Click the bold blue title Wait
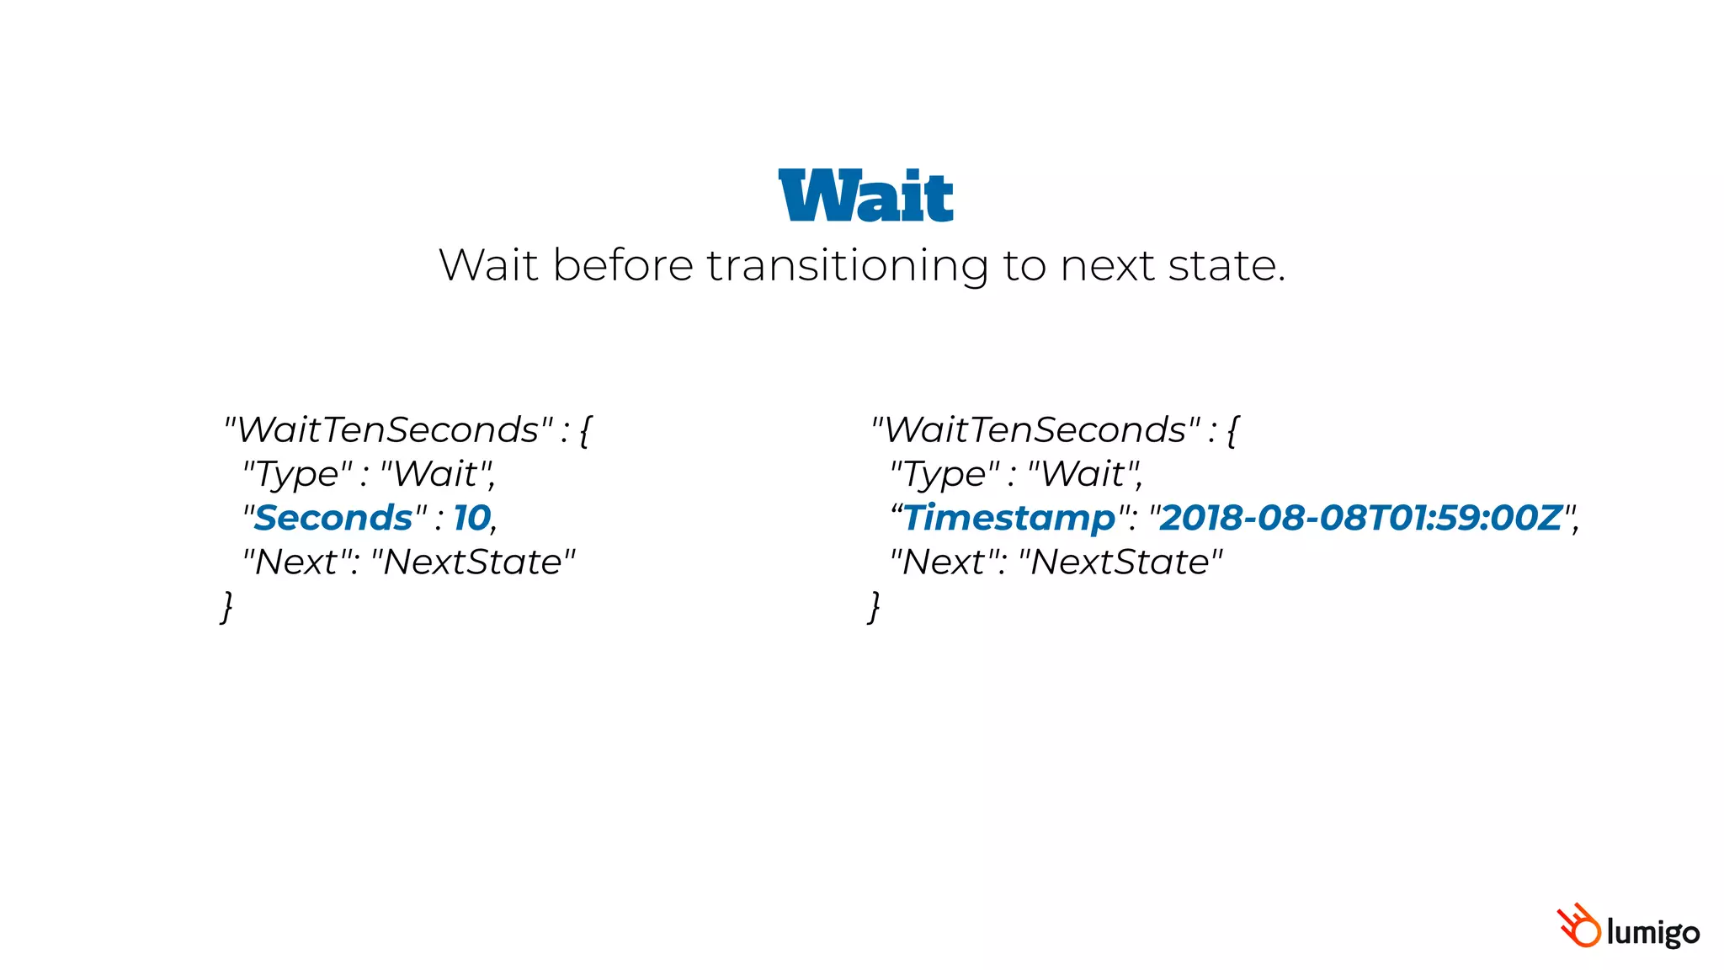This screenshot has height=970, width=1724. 865,196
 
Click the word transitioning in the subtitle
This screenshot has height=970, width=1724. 847,266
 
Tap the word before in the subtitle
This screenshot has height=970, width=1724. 623,266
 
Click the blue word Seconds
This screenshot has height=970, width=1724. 333,518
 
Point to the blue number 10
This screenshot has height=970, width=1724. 471,518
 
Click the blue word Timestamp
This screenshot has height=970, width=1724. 1009,518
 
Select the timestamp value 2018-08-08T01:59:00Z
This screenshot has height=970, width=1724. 1360,518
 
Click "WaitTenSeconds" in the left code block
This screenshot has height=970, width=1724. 389,430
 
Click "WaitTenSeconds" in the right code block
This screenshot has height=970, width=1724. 1036,430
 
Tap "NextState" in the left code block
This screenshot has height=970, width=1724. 473,562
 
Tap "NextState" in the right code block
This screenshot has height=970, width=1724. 1120,562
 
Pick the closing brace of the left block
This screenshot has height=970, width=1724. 226,606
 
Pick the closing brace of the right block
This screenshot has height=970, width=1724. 874,606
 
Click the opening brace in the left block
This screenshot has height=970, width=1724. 586,431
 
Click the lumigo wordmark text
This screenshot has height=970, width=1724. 1652,933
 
